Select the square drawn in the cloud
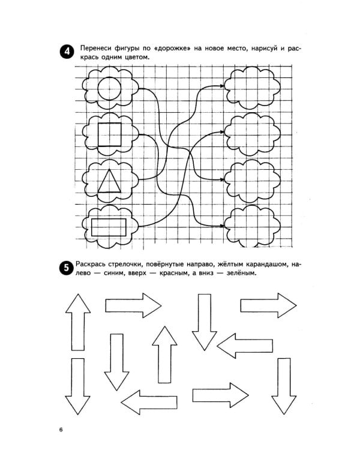[x=109, y=134]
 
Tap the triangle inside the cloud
[x=109, y=181]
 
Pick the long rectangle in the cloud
[x=109, y=227]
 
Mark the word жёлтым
[x=230, y=263]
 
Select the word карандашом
[x=269, y=263]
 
